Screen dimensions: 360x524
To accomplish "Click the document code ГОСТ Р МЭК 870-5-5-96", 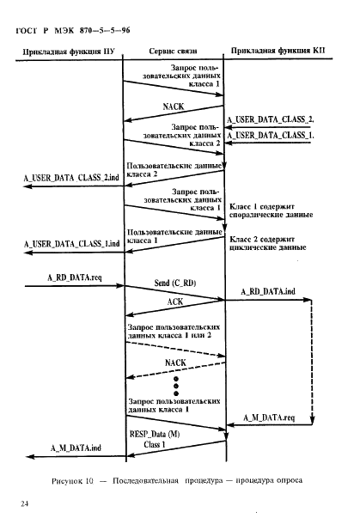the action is [73, 31].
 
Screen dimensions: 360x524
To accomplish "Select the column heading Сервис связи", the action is [173, 52].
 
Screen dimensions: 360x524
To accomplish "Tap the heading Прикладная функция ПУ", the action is [69, 52].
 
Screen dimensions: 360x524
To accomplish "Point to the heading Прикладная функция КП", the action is [278, 51].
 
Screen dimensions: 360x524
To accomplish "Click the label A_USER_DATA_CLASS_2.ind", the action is [71, 178].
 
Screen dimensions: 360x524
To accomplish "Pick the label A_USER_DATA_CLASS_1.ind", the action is [71, 244].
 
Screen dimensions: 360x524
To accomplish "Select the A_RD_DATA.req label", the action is [75, 277].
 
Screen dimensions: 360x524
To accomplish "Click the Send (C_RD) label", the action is [175, 283].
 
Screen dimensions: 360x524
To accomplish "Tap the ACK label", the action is [175, 302].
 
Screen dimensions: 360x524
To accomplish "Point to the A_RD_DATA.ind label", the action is [268, 291].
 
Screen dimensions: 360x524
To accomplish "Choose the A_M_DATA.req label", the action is [269, 417].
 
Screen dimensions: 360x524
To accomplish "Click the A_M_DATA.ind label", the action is [76, 448].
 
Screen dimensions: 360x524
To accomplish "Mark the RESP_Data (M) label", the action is [155, 434].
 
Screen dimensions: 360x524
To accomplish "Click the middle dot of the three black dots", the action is [176, 387].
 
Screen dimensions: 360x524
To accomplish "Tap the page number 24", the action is [24, 503].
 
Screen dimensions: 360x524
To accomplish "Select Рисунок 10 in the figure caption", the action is [72, 481].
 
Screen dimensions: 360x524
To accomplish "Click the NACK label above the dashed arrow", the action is [175, 363].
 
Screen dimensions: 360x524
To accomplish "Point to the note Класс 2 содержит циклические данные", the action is [268, 243].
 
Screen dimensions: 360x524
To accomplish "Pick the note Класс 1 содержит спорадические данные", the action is [272, 210].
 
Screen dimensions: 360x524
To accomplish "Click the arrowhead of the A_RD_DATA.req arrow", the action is [120, 286].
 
